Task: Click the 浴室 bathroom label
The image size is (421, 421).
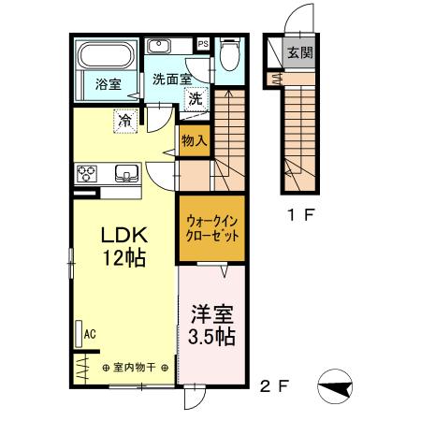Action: (x=108, y=84)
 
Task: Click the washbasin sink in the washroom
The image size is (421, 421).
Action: (x=157, y=46)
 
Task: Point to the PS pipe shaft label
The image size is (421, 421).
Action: (x=203, y=42)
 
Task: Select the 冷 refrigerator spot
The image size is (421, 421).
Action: (x=125, y=119)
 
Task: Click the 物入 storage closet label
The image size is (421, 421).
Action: (x=195, y=141)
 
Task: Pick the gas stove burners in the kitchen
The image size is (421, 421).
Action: (x=89, y=172)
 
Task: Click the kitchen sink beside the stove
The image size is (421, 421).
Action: (x=125, y=172)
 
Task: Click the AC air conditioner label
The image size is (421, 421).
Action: (x=91, y=333)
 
